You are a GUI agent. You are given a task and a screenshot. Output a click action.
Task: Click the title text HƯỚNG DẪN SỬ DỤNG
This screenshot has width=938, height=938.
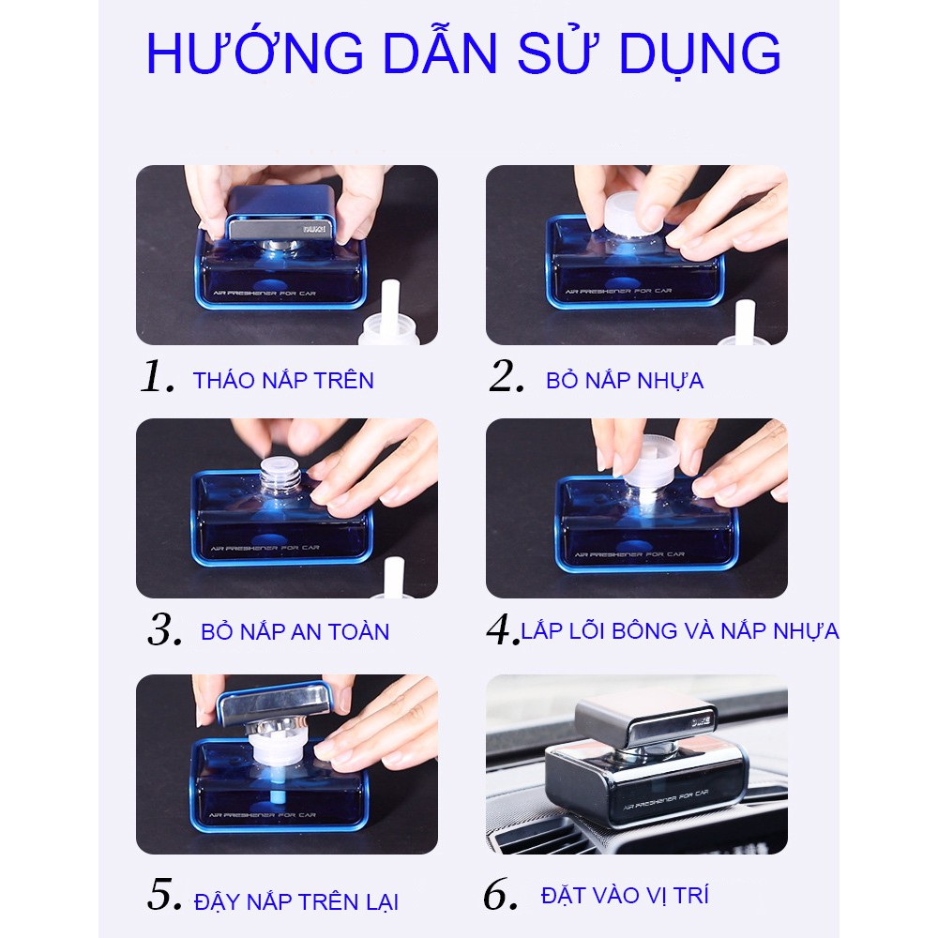(x=463, y=55)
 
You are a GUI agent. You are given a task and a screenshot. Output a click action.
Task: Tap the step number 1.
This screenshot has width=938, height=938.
(x=157, y=378)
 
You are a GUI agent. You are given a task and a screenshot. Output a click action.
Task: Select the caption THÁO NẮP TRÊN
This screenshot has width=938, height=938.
(x=283, y=380)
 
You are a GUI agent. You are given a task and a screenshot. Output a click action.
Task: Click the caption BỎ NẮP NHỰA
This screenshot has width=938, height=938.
(x=625, y=380)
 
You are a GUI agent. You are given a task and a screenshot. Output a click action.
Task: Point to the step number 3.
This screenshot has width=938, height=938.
(x=164, y=630)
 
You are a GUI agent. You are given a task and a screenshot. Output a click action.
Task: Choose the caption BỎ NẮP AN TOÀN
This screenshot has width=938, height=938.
(x=295, y=631)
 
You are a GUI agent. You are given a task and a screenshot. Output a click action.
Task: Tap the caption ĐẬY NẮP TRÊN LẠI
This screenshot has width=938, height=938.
(x=295, y=902)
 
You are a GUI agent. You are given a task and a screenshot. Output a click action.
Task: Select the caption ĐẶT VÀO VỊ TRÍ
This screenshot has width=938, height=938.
(x=624, y=895)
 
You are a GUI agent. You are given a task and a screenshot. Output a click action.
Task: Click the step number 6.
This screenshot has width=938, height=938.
(x=500, y=896)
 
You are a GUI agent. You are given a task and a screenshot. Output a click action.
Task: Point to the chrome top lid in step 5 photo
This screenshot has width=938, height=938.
(x=275, y=700)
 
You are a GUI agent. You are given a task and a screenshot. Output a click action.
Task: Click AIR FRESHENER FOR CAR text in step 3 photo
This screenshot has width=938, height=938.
(x=270, y=546)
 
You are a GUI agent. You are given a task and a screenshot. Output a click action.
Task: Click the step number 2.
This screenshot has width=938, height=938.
(x=507, y=378)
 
